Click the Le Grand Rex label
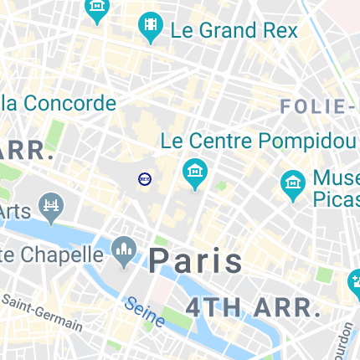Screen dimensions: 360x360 [234, 31]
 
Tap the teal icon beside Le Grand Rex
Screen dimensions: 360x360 [151, 28]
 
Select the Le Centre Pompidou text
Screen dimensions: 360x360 [258, 140]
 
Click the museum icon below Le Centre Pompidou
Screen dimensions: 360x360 [195, 173]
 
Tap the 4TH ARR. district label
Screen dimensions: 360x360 [253, 306]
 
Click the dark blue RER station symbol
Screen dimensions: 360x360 [145, 178]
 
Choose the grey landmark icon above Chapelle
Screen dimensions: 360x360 [125, 249]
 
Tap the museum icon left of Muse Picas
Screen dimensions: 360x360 [293, 186]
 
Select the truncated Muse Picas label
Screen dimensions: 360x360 [336, 188]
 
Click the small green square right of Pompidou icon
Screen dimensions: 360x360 [221, 185]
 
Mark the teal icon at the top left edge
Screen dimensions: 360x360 [98, 9]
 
